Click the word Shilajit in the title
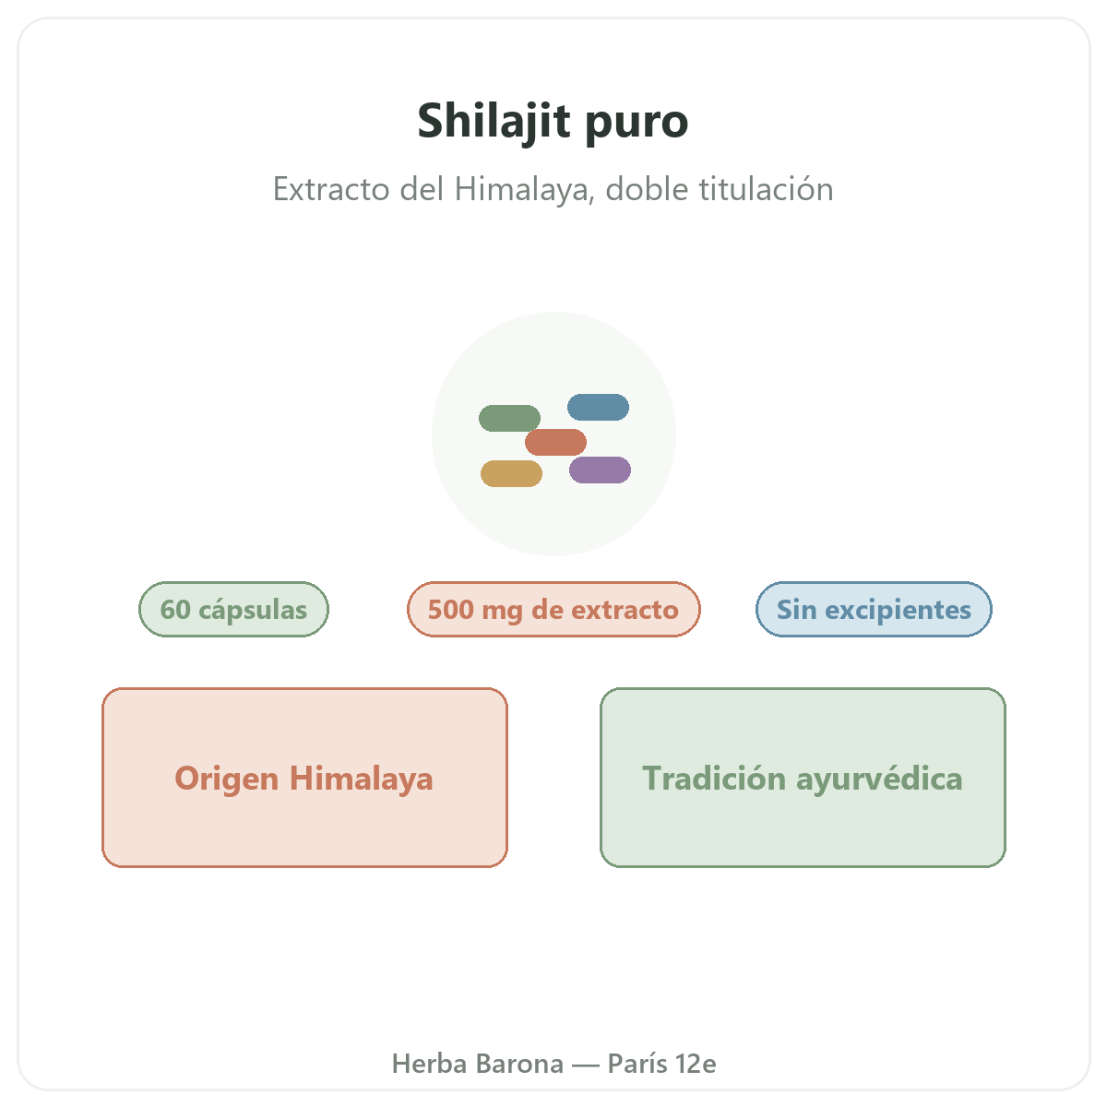coord(494,121)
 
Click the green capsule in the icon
coord(509,418)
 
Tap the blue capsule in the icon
coord(598,407)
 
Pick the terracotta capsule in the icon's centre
coord(555,442)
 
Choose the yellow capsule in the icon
coord(511,473)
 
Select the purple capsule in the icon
coord(600,470)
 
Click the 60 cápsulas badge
coord(233,609)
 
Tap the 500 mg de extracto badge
coord(553,609)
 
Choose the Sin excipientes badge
coord(874,609)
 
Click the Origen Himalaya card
coord(304,778)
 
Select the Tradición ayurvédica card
coord(803,778)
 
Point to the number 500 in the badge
coord(451,609)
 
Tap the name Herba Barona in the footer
coord(477,1064)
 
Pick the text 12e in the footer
coord(696,1064)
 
